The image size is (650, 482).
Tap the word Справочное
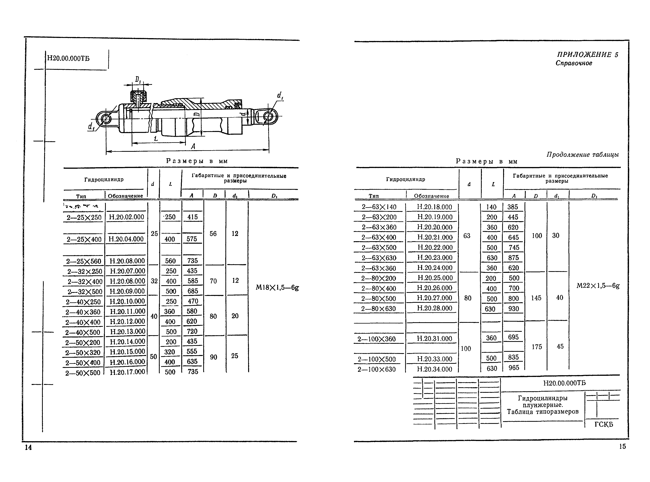574,63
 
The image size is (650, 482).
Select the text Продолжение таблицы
583,155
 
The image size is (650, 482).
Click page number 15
622,446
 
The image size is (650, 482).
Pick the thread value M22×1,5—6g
598,286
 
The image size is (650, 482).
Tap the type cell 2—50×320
83,353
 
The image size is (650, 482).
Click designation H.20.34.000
434,369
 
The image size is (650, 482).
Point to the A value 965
513,368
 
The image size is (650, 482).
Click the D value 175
537,347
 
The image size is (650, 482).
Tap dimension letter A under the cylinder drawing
193,146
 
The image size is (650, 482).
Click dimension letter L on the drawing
156,139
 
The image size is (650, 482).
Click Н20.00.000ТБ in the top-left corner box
68,58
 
